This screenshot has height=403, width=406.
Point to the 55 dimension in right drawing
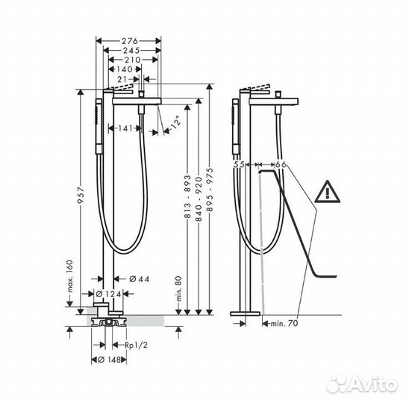pyautogui.click(x=240, y=164)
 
